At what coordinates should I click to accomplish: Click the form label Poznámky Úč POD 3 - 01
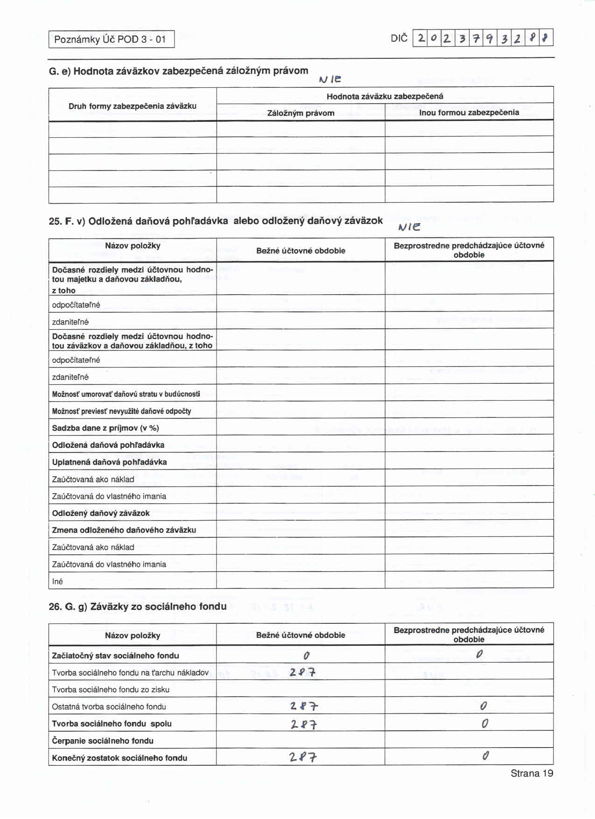(x=111, y=39)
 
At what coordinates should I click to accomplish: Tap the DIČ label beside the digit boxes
(x=399, y=38)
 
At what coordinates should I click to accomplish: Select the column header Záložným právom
(x=301, y=113)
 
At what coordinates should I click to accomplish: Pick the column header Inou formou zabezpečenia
(x=469, y=113)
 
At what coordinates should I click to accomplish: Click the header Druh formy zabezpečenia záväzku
(x=133, y=106)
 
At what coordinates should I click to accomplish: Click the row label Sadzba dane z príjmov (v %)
(x=105, y=428)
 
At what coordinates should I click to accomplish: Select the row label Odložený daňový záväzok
(x=101, y=513)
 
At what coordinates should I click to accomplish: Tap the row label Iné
(x=57, y=581)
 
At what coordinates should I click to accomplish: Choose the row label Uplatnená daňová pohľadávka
(x=109, y=462)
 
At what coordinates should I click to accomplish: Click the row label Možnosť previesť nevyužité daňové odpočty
(x=121, y=411)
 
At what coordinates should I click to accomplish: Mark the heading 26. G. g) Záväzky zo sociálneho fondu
(x=138, y=607)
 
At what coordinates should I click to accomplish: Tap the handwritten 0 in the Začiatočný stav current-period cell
(x=306, y=656)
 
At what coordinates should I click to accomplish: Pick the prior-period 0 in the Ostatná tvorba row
(x=483, y=706)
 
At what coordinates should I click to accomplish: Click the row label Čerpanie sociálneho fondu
(x=103, y=741)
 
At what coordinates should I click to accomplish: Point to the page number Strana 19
(x=532, y=773)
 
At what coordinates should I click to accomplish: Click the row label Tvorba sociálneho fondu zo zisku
(x=111, y=690)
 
